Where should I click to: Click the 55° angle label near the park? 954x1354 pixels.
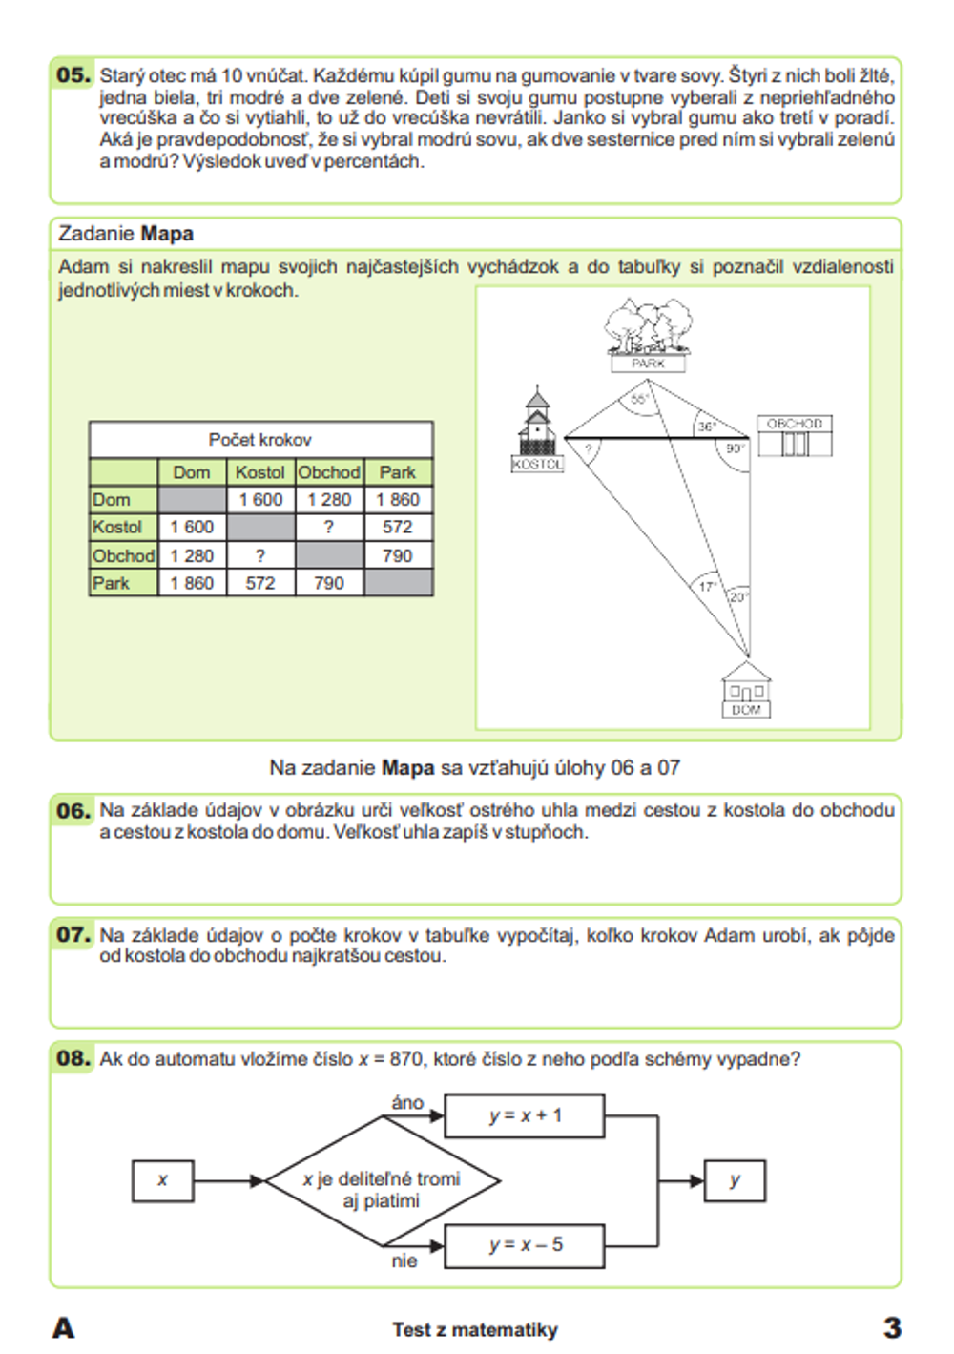[x=639, y=399]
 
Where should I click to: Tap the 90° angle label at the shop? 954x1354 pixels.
[x=735, y=448]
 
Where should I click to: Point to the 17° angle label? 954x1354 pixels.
[x=707, y=586]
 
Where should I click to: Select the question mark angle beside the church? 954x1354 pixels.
[x=589, y=448]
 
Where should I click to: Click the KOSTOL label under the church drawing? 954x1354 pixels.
[x=538, y=464]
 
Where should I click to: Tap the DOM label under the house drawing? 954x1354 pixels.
[x=746, y=710]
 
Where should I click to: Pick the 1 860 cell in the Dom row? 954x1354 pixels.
[x=398, y=499]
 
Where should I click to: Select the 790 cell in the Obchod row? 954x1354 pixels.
[x=398, y=555]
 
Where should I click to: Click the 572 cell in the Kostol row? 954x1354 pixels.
[x=398, y=527]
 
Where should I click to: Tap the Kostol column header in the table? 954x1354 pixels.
[x=259, y=472]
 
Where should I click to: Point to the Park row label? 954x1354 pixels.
[x=112, y=583]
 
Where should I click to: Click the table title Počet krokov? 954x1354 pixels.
[x=259, y=440]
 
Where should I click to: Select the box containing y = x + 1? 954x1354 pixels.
[x=525, y=1115]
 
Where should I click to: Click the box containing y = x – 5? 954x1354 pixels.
[x=525, y=1245]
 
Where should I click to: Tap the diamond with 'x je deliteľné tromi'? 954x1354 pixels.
[x=382, y=1181]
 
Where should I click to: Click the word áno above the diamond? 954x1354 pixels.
[x=407, y=1102]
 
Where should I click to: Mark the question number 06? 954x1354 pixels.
[x=73, y=811]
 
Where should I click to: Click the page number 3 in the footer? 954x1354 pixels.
[x=892, y=1327]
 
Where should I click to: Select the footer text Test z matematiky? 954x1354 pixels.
[x=475, y=1329]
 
